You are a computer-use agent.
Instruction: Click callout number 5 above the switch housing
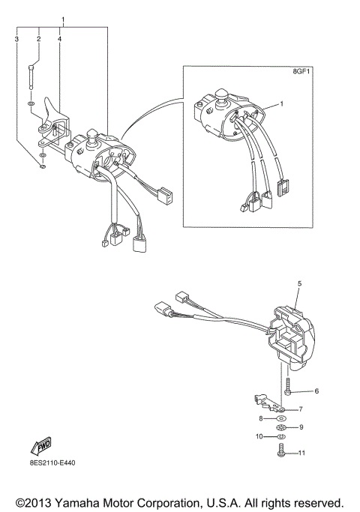click(x=298, y=284)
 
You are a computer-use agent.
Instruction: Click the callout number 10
click(x=259, y=436)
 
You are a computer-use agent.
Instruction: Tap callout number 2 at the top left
click(x=38, y=37)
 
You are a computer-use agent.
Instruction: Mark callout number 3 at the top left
click(x=16, y=37)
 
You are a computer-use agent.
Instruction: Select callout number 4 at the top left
click(x=60, y=37)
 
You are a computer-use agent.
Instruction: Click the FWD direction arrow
click(x=39, y=447)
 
